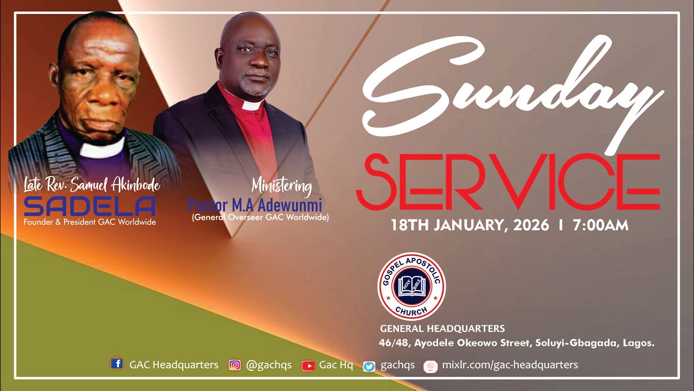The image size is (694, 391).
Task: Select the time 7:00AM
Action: [x=600, y=225]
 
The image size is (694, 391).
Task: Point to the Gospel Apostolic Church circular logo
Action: [x=412, y=287]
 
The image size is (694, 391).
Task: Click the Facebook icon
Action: [x=116, y=364]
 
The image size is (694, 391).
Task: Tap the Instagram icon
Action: [x=235, y=365]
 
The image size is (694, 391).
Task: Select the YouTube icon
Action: [x=308, y=365]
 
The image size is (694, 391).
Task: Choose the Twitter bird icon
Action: [x=369, y=366]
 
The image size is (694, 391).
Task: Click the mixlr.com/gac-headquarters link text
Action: [x=510, y=365]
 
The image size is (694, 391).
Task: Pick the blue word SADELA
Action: [x=90, y=206]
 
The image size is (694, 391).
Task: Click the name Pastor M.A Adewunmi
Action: [x=255, y=206]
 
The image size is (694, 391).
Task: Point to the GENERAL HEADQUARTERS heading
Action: [x=442, y=329]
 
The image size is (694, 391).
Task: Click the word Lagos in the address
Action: [x=639, y=343]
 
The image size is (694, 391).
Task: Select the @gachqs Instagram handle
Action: [x=268, y=365]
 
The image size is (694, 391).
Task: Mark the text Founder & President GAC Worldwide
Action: [x=89, y=222]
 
